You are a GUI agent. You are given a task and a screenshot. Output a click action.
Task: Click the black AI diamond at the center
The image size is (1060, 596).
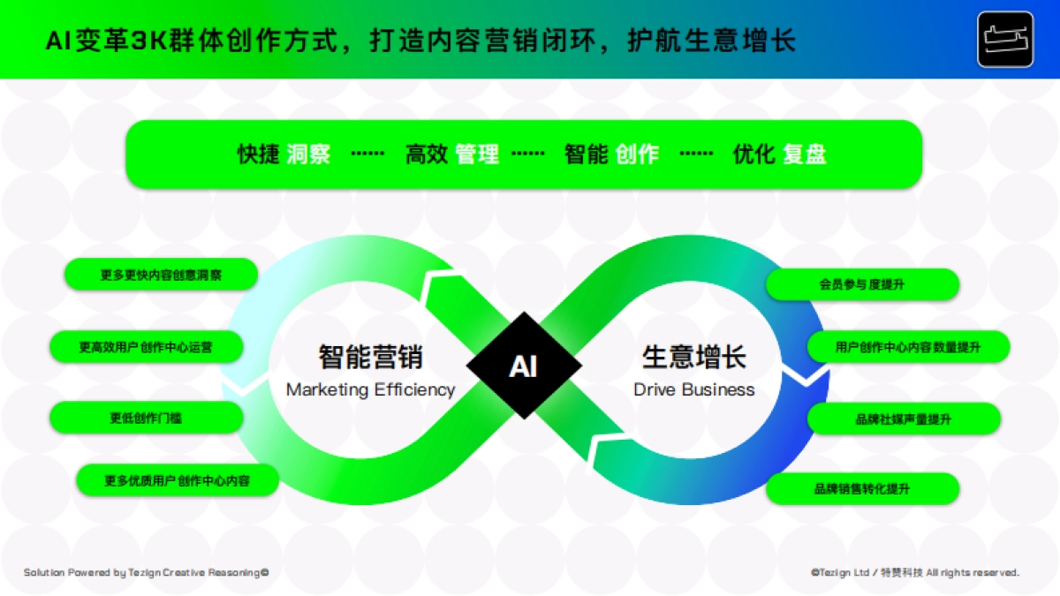click(x=524, y=366)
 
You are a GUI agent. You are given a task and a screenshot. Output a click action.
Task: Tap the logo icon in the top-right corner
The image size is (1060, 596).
click(x=1005, y=40)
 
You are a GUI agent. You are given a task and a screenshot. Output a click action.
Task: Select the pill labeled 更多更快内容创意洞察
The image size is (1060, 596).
click(x=161, y=275)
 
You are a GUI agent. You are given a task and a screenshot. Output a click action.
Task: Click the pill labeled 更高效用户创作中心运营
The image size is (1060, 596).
click(x=146, y=347)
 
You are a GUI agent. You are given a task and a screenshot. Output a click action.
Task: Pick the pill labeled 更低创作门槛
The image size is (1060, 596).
click(x=146, y=418)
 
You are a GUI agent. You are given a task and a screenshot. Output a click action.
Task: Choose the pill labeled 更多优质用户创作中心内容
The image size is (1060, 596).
click(x=178, y=481)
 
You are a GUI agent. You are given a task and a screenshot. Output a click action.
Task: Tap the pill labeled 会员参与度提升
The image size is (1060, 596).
click(x=861, y=284)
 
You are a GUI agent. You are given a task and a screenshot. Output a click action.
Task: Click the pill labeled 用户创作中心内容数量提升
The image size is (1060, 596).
click(x=908, y=347)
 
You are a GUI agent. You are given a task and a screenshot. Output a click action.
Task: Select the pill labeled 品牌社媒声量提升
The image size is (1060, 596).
click(x=903, y=419)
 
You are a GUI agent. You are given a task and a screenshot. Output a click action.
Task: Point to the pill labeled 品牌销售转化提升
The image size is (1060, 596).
click(x=861, y=488)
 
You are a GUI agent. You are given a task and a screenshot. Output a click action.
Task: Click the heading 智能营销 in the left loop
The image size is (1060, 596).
click(x=370, y=357)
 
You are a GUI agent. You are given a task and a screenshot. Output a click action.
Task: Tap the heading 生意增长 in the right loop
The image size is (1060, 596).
click(x=694, y=357)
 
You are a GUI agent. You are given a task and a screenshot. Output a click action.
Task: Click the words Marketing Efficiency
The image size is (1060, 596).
click(x=370, y=389)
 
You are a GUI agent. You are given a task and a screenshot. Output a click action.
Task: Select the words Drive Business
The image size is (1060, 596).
click(x=694, y=389)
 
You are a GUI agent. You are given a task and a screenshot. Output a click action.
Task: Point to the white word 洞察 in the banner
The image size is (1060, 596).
click(x=308, y=155)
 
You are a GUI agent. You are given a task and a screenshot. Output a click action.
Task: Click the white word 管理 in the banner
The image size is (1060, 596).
click(x=477, y=155)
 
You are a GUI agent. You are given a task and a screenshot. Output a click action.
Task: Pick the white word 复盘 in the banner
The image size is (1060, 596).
click(x=804, y=155)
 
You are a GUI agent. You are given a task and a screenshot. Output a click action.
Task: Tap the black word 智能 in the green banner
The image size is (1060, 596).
click(x=586, y=155)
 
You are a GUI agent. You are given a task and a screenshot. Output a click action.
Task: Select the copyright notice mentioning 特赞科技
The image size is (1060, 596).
click(x=915, y=572)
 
